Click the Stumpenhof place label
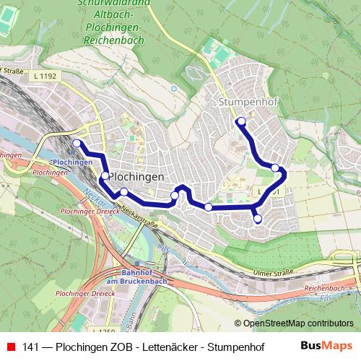coord(247,103)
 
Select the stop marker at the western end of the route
coord(77,143)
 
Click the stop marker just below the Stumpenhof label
coord(241,121)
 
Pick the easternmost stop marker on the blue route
coord(275,168)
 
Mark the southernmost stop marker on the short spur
coord(258,218)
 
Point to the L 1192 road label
coord(44,74)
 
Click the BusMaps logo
coord(326,346)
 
